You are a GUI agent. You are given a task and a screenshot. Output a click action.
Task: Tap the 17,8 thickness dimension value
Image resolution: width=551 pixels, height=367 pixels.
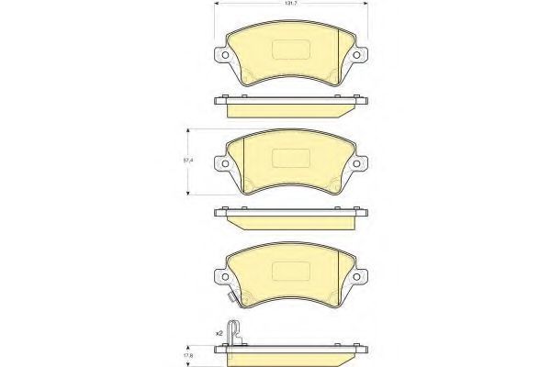[x=188, y=356]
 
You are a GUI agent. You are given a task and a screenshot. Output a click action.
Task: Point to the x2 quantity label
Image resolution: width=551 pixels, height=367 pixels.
[x=219, y=334]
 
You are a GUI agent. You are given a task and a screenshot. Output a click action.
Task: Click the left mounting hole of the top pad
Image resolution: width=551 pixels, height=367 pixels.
[x=225, y=55]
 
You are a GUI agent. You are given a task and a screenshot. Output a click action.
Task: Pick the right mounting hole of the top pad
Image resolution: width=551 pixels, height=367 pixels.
[x=356, y=55]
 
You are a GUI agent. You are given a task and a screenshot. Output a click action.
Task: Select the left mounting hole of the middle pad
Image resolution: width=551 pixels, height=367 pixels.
[x=225, y=163]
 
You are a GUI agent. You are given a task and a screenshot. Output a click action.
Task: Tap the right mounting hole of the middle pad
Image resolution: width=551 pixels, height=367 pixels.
[x=356, y=163]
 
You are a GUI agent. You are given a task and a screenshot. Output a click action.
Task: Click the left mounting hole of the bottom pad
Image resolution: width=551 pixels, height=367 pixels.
[x=225, y=277]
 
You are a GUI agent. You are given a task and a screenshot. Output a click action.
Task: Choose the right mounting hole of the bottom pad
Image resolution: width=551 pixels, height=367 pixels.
[x=356, y=277]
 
